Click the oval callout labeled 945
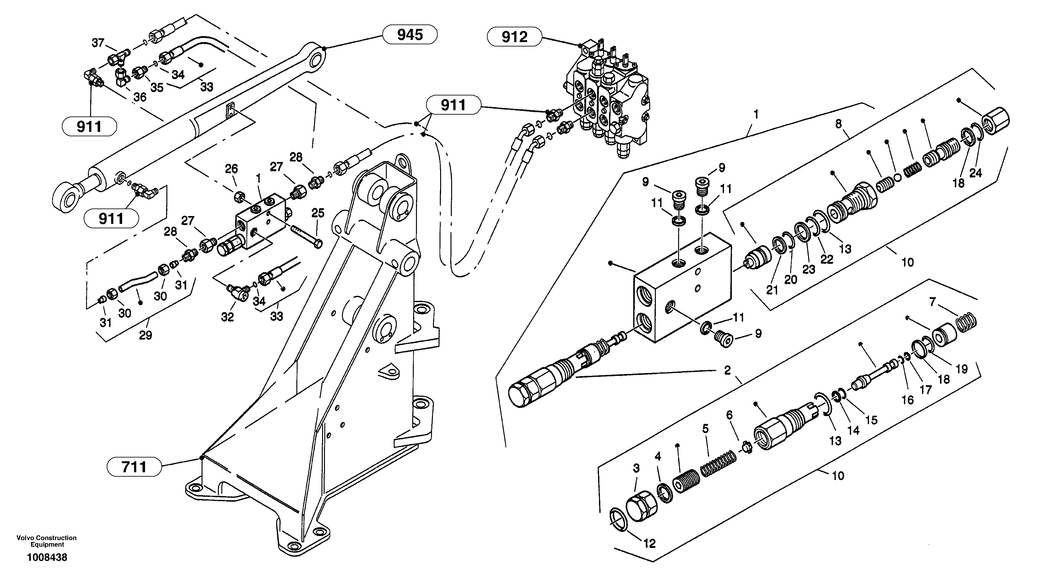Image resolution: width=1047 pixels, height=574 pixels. click(x=410, y=35)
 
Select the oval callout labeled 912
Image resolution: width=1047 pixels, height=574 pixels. click(x=514, y=37)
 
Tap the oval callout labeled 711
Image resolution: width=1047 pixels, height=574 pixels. click(x=134, y=467)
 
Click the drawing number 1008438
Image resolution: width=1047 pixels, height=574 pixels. click(x=47, y=557)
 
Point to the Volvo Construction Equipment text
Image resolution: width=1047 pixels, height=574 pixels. click(x=46, y=541)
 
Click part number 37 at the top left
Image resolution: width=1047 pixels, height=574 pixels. click(x=98, y=43)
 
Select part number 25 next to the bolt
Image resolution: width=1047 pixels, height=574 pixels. click(x=318, y=213)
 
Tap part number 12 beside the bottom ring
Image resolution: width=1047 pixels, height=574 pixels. click(x=650, y=544)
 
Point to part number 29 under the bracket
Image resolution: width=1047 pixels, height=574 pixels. click(x=145, y=335)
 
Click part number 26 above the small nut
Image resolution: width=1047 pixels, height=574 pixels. click(x=231, y=169)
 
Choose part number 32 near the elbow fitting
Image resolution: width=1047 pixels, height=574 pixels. click(x=227, y=317)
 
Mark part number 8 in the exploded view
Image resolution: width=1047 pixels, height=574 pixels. click(x=839, y=124)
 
